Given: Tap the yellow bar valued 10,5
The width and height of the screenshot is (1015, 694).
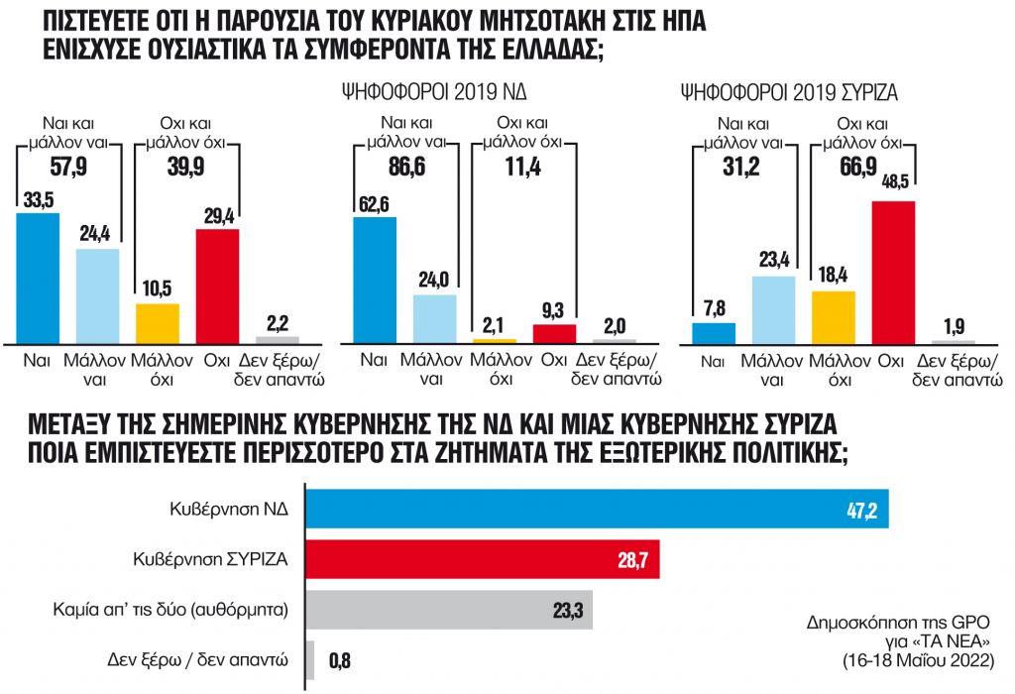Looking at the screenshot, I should click(158, 322).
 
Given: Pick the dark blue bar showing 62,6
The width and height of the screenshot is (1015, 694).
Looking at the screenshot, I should click(375, 280).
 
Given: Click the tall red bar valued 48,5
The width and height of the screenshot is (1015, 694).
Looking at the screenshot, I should click(892, 272).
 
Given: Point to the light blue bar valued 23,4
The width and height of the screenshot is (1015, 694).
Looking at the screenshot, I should click(773, 309).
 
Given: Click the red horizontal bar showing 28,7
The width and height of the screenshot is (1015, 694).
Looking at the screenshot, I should click(482, 559).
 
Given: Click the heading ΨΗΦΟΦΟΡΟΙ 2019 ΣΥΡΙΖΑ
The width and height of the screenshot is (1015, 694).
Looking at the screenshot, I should click(790, 94).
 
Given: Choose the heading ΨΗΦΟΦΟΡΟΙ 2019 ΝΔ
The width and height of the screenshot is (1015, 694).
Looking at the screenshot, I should click(428, 94).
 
